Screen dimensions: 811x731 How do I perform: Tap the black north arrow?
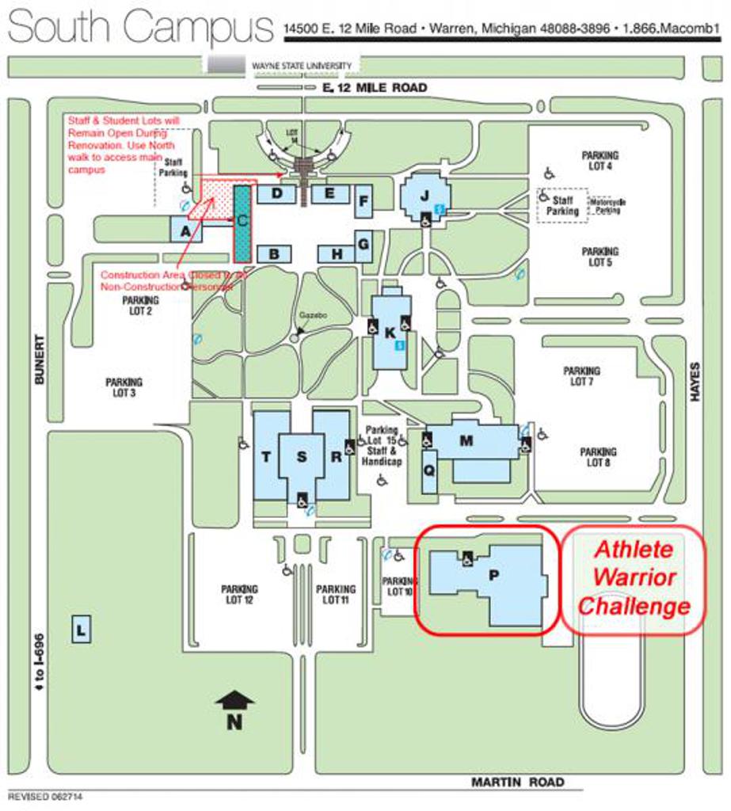tap(234, 700)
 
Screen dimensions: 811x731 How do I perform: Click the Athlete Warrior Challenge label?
tap(633, 578)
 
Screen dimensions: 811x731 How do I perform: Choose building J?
tap(425, 195)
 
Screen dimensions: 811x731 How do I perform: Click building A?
tap(185, 230)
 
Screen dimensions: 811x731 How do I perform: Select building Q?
tap(429, 469)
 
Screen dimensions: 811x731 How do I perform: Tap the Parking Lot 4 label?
tap(600, 161)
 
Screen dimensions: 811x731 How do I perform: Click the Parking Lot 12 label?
tap(239, 595)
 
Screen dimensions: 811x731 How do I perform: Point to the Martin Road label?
tap(518, 782)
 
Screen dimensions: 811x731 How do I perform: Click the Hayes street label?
tap(695, 383)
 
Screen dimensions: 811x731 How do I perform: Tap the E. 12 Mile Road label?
tap(375, 87)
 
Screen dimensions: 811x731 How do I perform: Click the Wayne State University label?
tap(301, 66)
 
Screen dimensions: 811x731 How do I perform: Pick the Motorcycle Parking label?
tap(607, 207)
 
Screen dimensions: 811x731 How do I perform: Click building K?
tap(390, 333)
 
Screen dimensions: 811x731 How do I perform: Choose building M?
tap(466, 441)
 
